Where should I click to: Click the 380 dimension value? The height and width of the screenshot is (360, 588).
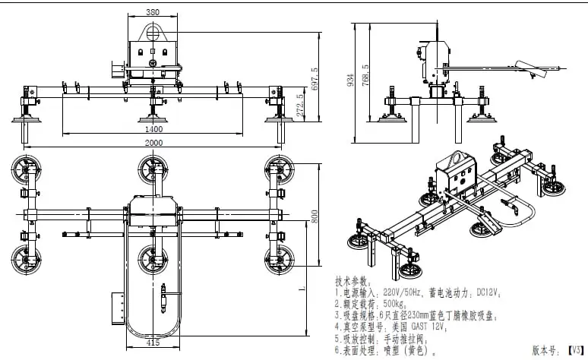[x=153, y=13]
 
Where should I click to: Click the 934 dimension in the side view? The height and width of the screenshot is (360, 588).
[x=350, y=79]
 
